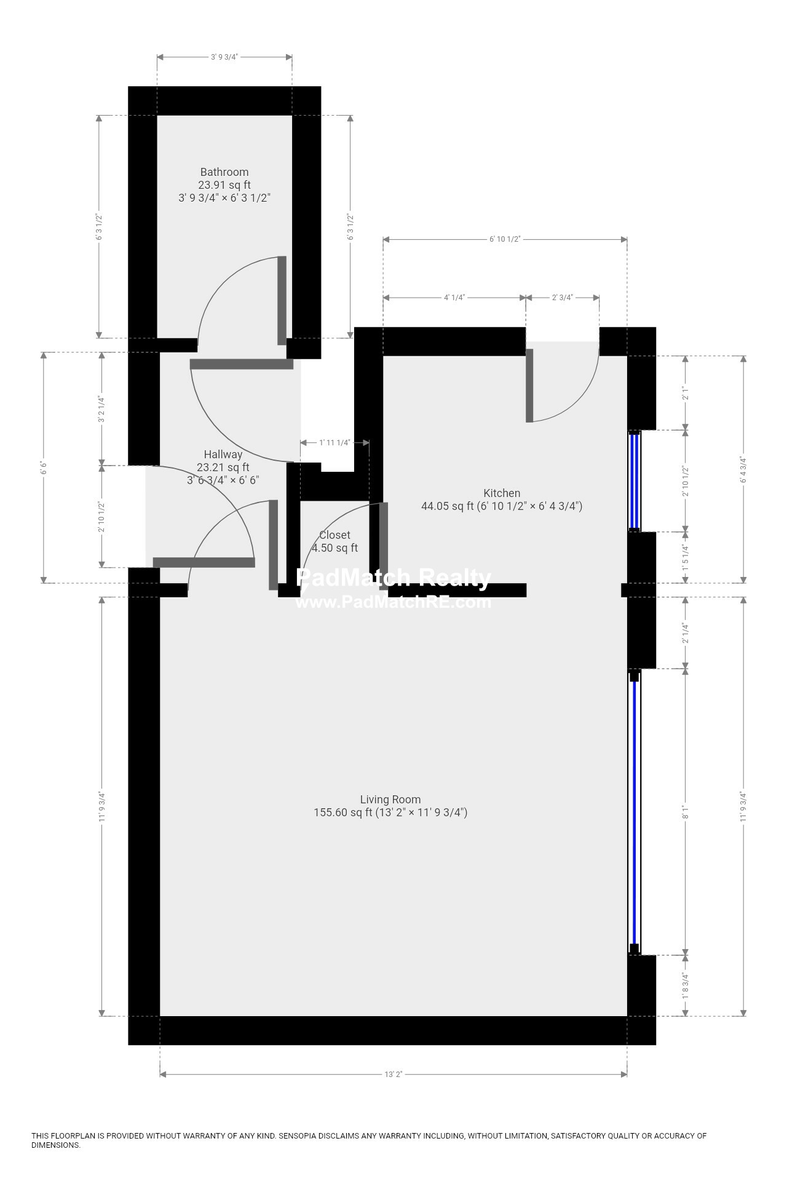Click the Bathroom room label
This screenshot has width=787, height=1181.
[x=224, y=172]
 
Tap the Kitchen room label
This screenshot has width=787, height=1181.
[x=502, y=493]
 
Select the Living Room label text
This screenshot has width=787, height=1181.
[x=390, y=800]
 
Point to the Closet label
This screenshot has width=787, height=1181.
[x=334, y=535]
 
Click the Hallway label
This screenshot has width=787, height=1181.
[x=223, y=455]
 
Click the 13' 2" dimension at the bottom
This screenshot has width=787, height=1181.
[x=393, y=1075]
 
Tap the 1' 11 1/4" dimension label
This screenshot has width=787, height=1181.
[x=334, y=443]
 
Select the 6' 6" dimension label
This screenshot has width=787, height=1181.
[x=44, y=467]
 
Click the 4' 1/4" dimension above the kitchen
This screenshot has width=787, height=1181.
[x=454, y=298]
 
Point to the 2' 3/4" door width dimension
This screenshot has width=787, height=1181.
[x=562, y=298]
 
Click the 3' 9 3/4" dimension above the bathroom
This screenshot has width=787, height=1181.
[x=224, y=57]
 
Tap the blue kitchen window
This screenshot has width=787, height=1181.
[x=634, y=481]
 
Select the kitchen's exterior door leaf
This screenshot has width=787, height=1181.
[x=529, y=386]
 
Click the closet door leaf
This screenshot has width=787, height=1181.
[x=383, y=546]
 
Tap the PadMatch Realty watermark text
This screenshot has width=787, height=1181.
[x=393, y=578]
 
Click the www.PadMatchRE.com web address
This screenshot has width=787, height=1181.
[x=393, y=602]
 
